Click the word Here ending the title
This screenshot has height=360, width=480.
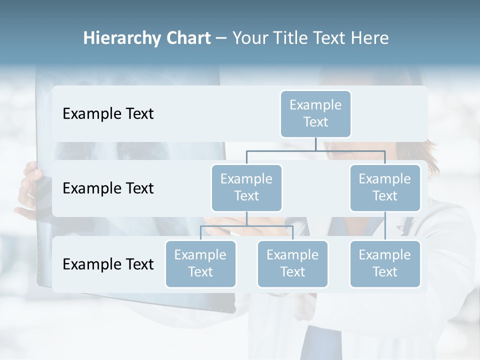(x=369, y=38)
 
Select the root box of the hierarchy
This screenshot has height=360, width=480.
(x=315, y=113)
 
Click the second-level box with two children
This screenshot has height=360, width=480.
(x=246, y=187)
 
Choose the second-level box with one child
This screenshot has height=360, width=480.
(x=385, y=187)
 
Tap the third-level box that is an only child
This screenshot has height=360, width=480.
(x=385, y=263)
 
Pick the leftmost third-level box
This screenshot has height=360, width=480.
(x=200, y=263)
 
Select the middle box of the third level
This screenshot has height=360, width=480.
(x=292, y=263)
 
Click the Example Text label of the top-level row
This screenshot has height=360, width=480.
(x=108, y=113)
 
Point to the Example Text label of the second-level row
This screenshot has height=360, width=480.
(x=108, y=188)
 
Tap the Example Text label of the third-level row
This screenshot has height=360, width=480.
(x=108, y=264)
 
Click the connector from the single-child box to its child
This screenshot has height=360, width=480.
(x=385, y=225)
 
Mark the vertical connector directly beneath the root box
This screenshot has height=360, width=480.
(x=315, y=144)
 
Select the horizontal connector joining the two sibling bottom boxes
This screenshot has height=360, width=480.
(x=246, y=226)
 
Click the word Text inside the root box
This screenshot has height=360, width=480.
(x=315, y=122)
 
